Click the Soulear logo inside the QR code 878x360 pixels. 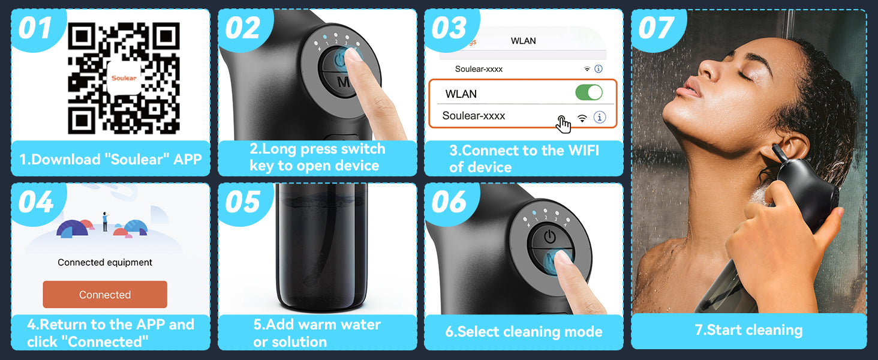[x=124, y=77]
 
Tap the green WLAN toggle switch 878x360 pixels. [x=589, y=93]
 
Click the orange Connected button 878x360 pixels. [x=105, y=295]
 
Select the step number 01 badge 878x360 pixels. [x=35, y=28]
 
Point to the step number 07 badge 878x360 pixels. [x=656, y=28]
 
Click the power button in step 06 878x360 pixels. [x=549, y=236]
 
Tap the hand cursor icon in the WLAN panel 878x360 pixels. [x=563, y=124]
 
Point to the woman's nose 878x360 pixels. [x=710, y=67]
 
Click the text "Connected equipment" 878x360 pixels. [x=105, y=262]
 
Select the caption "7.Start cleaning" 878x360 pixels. [x=748, y=330]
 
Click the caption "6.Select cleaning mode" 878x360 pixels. [x=524, y=332]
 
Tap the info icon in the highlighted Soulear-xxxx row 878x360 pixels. [x=600, y=117]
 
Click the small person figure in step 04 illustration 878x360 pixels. [x=105, y=221]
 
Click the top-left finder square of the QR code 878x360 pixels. [x=82, y=36]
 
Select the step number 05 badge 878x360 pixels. [x=242, y=202]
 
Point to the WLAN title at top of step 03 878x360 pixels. [x=524, y=41]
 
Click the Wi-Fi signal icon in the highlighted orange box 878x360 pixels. [x=582, y=118]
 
